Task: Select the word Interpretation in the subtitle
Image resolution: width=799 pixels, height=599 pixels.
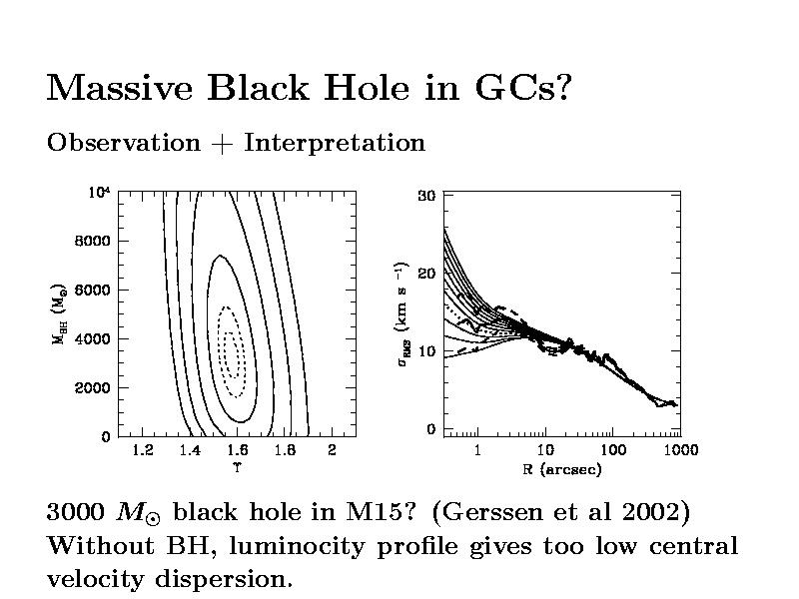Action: pos(335,143)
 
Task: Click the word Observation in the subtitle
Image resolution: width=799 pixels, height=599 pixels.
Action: pos(124,143)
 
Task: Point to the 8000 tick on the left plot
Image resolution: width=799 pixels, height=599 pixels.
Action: pos(92,241)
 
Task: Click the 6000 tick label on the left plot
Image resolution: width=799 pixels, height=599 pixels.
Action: pos(92,290)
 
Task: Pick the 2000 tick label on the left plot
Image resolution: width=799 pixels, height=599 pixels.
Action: pos(92,387)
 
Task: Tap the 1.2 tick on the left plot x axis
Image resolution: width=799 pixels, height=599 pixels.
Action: pos(142,450)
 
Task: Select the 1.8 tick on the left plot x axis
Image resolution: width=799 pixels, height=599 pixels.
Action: pos(285,450)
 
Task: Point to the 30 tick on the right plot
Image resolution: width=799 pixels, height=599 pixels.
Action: pos(425,196)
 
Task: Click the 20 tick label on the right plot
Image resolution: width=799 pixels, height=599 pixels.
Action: pos(425,274)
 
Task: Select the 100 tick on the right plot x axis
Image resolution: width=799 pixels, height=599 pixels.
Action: pos(612,450)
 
